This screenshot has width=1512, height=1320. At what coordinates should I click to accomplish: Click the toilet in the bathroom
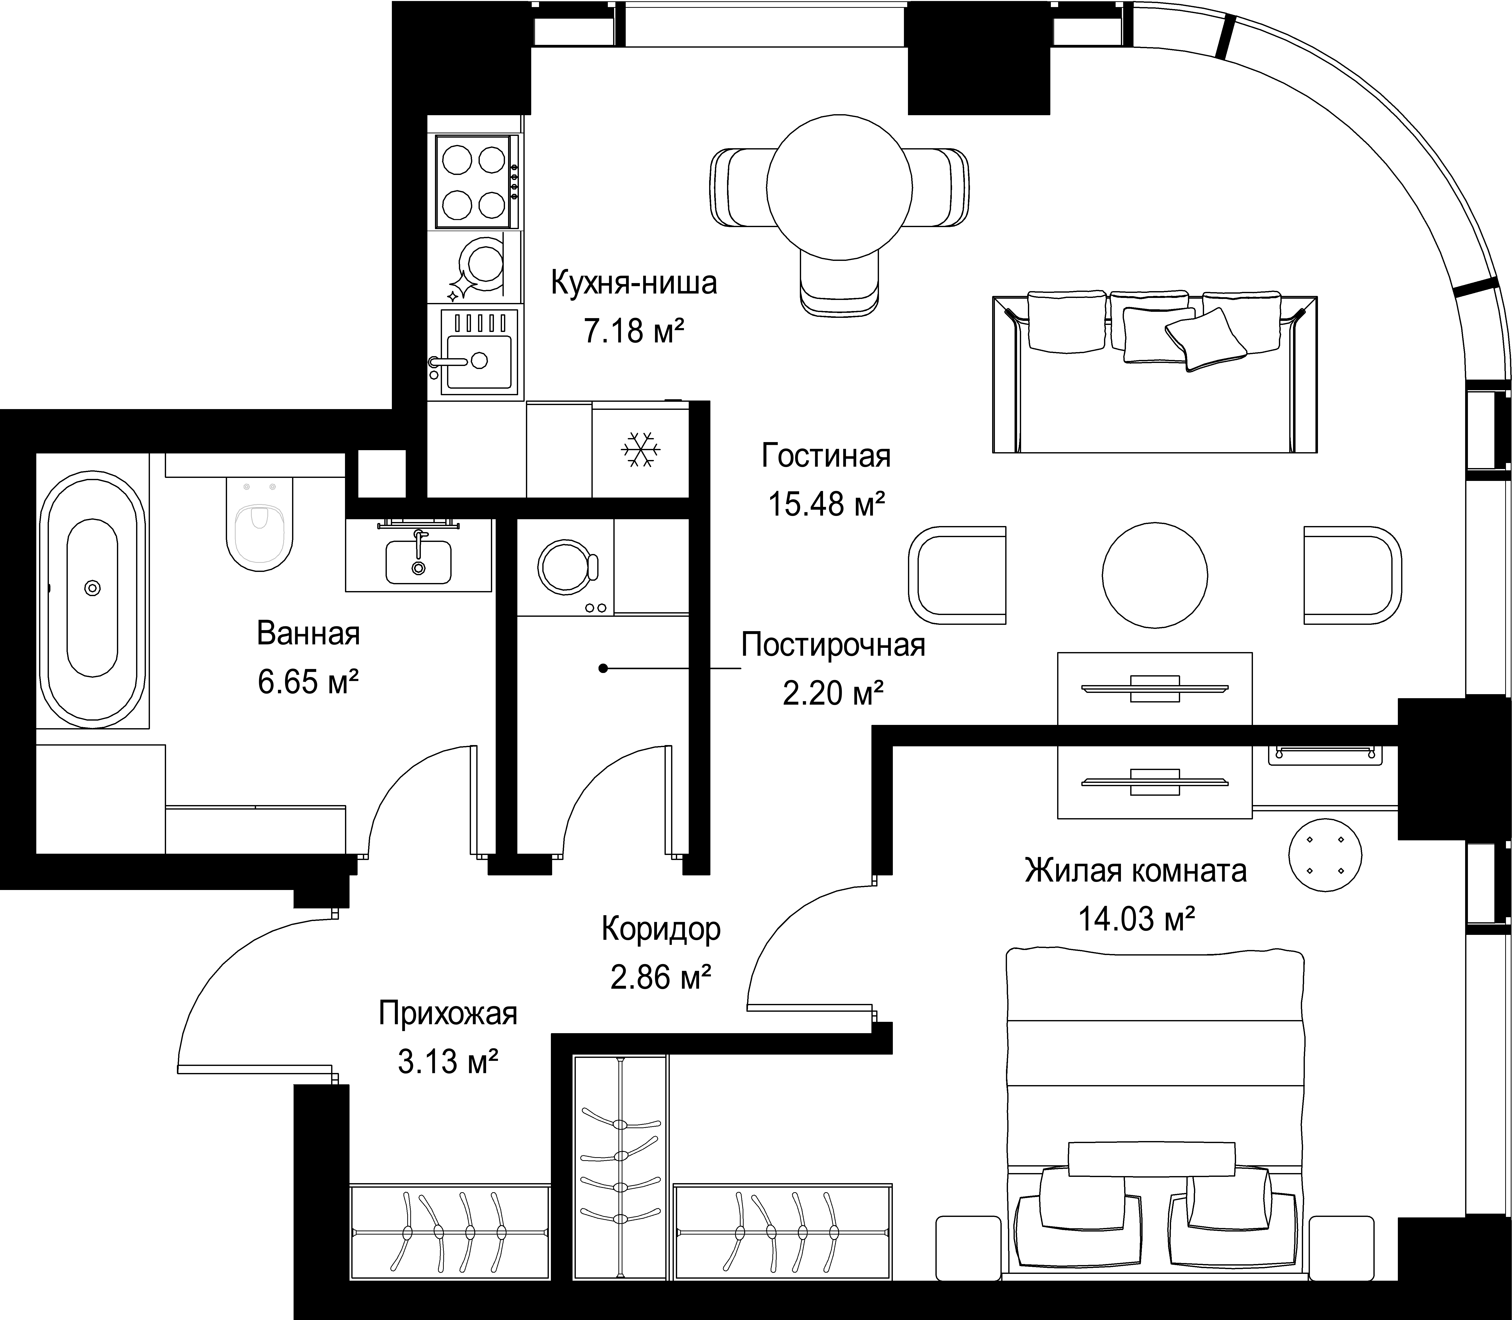pos(259,525)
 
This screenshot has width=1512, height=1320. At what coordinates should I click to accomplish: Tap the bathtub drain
pos(92,588)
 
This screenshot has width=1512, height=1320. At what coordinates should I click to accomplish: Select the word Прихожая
pos(448,1014)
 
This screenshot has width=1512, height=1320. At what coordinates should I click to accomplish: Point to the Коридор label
pos(661,930)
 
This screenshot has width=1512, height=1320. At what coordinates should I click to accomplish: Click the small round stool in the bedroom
pos(1325,855)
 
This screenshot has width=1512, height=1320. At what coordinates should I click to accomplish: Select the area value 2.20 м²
pos(833,693)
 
